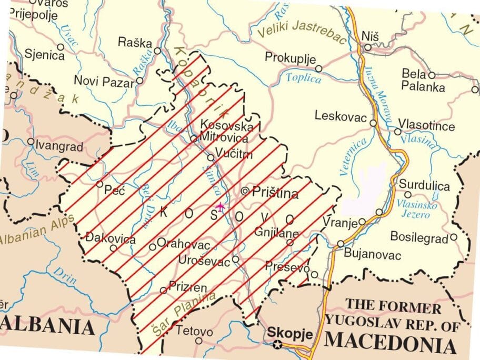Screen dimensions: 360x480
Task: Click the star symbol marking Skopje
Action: coord(277,345)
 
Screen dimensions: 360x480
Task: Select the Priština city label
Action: coord(275,193)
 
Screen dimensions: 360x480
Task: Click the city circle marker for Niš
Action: coord(368,47)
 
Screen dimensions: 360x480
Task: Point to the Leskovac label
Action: coord(340,116)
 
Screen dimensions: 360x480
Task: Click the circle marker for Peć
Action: coord(99,184)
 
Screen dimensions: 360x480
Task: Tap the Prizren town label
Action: coord(187,287)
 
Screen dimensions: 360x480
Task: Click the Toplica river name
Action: coord(304,79)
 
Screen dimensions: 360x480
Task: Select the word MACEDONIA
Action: coord(390,344)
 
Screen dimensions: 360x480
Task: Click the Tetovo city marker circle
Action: coord(198,341)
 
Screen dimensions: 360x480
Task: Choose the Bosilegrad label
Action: coord(419,238)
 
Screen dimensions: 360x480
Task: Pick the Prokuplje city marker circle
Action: coord(318,68)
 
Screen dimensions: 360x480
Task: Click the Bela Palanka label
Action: coord(423,81)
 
